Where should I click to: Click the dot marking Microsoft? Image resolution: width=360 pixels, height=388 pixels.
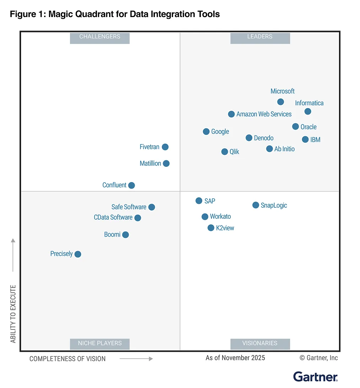[280, 102]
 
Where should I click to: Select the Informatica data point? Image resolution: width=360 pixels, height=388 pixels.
[308, 112]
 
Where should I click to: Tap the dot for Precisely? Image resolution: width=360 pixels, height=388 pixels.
[78, 254]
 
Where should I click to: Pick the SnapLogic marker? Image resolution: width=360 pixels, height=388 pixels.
[256, 205]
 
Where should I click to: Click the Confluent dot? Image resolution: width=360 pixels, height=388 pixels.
[131, 185]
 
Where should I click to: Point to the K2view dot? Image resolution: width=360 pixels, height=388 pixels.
[211, 228]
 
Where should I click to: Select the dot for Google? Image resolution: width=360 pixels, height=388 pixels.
[206, 132]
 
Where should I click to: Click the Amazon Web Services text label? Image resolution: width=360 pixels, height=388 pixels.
[264, 114]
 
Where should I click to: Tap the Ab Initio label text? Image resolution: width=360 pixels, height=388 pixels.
[284, 149]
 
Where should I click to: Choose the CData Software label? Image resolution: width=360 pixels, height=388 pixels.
[113, 217]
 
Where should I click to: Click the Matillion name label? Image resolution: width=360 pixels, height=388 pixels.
[150, 164]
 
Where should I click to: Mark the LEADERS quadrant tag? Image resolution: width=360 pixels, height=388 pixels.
[260, 37]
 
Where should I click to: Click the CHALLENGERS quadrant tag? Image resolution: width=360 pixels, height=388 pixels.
[100, 37]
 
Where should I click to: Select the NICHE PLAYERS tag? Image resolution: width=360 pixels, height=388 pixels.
[100, 343]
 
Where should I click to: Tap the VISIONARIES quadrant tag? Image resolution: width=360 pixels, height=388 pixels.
[260, 343]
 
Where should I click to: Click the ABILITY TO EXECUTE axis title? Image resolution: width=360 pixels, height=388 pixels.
[13, 314]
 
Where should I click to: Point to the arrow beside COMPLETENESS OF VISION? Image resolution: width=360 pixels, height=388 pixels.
[136, 359]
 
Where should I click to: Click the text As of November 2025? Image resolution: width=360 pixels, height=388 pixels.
[235, 358]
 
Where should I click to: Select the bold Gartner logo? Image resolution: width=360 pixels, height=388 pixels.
[315, 377]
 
